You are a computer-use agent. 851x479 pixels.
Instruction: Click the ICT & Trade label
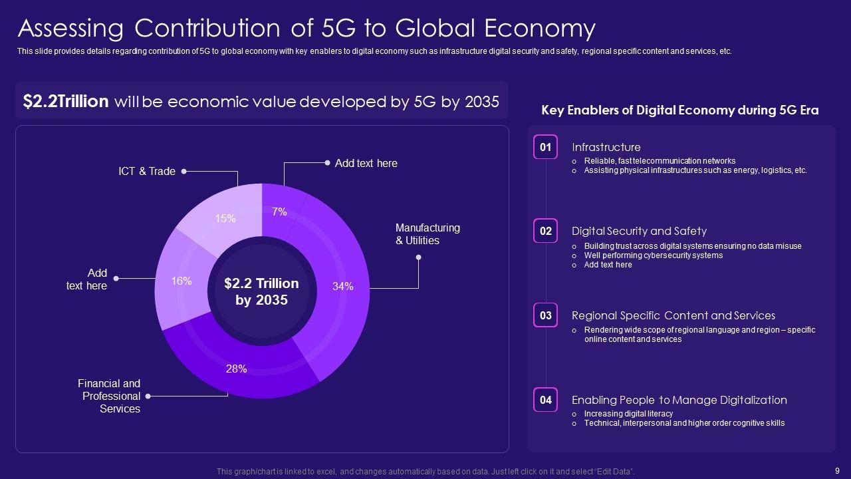pyautogui.click(x=147, y=172)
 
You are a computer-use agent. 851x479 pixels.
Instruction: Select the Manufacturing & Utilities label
pyautogui.click(x=427, y=234)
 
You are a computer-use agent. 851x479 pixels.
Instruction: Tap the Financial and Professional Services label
pyautogui.click(x=109, y=396)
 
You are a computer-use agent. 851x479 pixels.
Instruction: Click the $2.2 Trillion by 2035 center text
pyautogui.click(x=261, y=291)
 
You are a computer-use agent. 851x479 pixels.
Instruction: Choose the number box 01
pyautogui.click(x=545, y=148)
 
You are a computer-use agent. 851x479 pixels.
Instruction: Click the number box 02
pyautogui.click(x=545, y=232)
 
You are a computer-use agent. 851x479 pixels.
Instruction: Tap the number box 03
pyautogui.click(x=545, y=316)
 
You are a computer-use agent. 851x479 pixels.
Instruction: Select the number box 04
pyautogui.click(x=545, y=400)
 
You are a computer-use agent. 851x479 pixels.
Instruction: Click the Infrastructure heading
pyautogui.click(x=606, y=148)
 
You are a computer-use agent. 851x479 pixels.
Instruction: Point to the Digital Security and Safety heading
pyautogui.click(x=639, y=232)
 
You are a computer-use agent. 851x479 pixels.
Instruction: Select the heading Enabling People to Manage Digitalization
pyautogui.click(x=679, y=400)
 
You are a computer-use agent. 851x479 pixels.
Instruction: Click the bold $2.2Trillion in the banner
pyautogui.click(x=66, y=102)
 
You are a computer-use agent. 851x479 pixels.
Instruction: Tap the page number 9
pyautogui.click(x=836, y=470)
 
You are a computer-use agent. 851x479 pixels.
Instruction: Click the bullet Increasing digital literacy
pyautogui.click(x=619, y=414)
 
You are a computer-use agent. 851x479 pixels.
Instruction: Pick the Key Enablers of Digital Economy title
pyautogui.click(x=679, y=110)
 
